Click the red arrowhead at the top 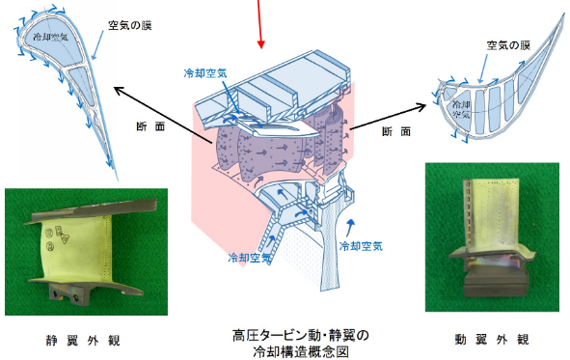(x=260, y=43)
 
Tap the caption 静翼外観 (x=83, y=341)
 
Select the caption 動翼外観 (x=492, y=340)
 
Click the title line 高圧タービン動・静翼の (x=301, y=335)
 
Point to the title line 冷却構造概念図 (x=301, y=351)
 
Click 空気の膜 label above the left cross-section (x=130, y=25)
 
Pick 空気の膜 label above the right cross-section (x=508, y=45)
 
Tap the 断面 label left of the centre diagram (x=150, y=126)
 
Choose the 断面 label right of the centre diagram (x=396, y=131)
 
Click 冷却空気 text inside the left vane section (x=50, y=37)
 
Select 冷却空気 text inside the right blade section (x=461, y=109)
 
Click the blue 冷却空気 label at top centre (x=205, y=73)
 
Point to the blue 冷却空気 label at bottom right (x=361, y=246)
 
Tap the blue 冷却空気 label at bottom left (x=250, y=258)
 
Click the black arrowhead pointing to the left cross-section (x=118, y=90)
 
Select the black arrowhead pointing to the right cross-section (x=422, y=106)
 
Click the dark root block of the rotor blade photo (x=496, y=284)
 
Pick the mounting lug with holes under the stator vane (x=69, y=292)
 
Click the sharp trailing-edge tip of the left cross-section (x=118, y=179)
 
